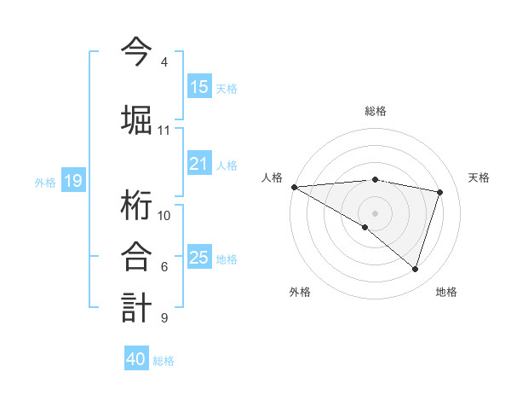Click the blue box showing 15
pyautogui.click(x=199, y=87)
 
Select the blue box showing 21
pyautogui.click(x=199, y=164)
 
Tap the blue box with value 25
pyautogui.click(x=199, y=258)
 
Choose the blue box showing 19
pyautogui.click(x=72, y=181)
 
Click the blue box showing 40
pyautogui.click(x=136, y=359)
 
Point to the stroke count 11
pyautogui.click(x=164, y=131)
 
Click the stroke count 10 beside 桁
pyautogui.click(x=164, y=215)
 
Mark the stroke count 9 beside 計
pyautogui.click(x=164, y=318)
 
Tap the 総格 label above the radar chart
pyautogui.click(x=375, y=111)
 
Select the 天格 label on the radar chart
pyautogui.click(x=479, y=177)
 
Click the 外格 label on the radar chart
pyautogui.click(x=300, y=292)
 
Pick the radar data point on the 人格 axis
pyautogui.click(x=294, y=186)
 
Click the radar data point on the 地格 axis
pyautogui.click(x=416, y=270)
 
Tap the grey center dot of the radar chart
pyautogui.click(x=375, y=212)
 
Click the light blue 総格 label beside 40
pyautogui.click(x=164, y=360)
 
